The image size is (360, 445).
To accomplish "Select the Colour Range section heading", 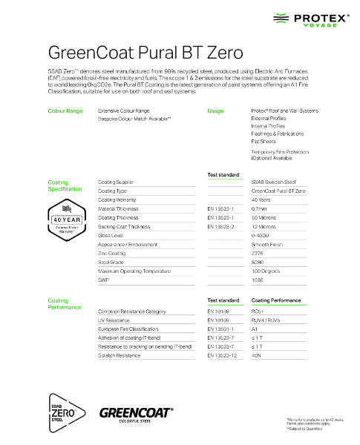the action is (x=65, y=111).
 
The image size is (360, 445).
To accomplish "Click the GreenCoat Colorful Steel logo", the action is (x=136, y=412).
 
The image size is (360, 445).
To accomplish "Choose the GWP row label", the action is (x=104, y=280).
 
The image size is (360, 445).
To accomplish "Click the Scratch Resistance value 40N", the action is (x=258, y=356).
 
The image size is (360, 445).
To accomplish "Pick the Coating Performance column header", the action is (x=276, y=301).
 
